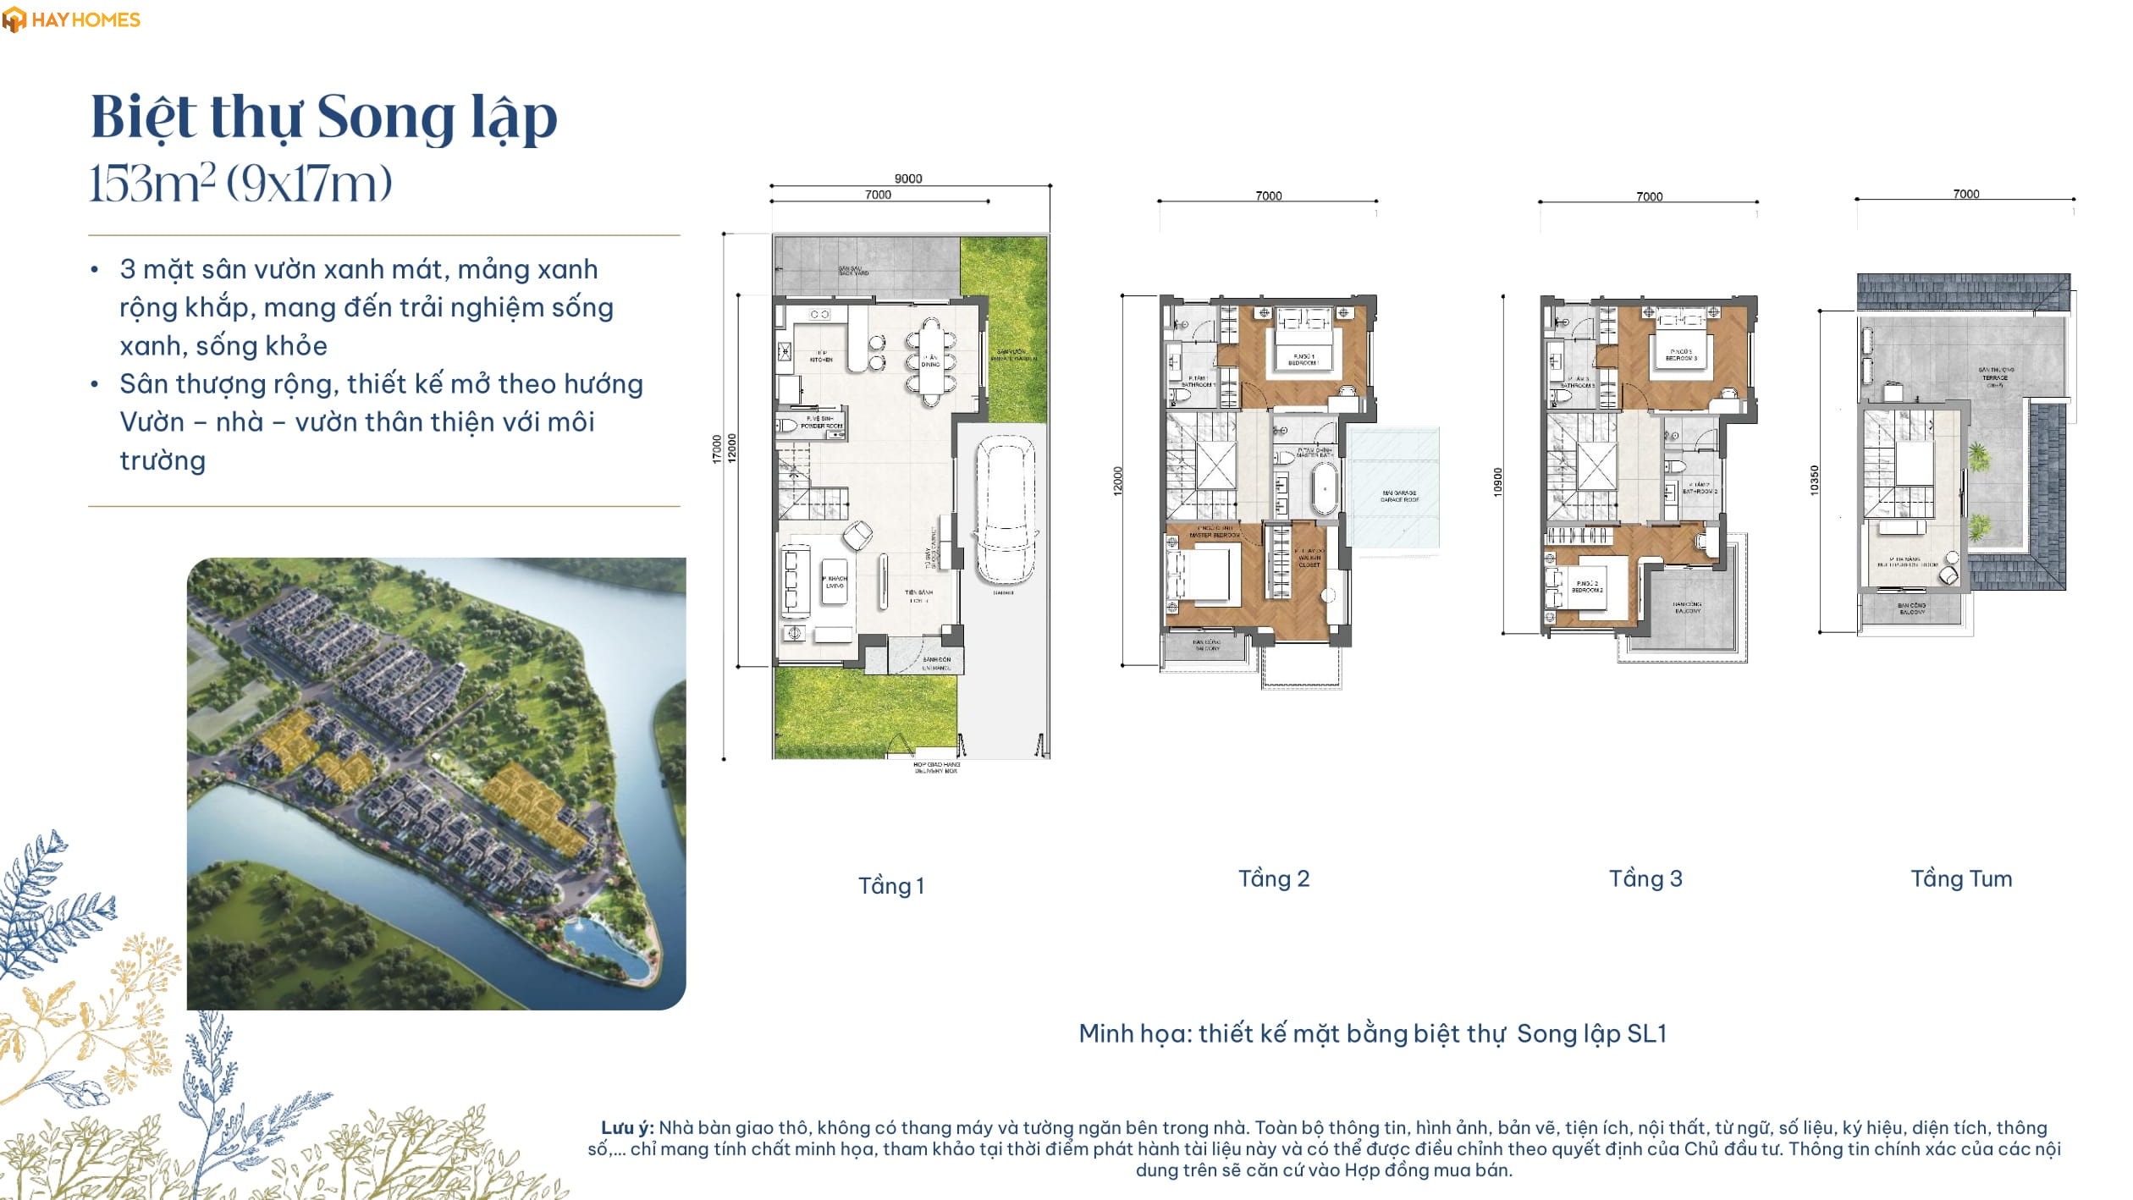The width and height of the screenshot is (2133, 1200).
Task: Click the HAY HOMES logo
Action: (x=71, y=19)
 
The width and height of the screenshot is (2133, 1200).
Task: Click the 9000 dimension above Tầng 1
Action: (x=907, y=179)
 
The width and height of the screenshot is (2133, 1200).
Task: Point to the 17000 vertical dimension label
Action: (x=717, y=449)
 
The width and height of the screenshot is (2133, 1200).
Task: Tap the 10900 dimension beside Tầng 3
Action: (x=1497, y=482)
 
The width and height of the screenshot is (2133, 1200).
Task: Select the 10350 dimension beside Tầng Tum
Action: (x=1814, y=480)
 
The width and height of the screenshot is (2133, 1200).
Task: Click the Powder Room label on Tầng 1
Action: (x=820, y=422)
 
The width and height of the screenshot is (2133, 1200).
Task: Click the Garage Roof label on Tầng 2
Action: (x=1399, y=496)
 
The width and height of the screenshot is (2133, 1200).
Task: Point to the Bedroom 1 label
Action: (x=1303, y=360)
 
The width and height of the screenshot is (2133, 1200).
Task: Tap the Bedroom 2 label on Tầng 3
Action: (x=1587, y=586)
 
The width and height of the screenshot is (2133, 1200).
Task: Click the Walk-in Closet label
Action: (x=1309, y=559)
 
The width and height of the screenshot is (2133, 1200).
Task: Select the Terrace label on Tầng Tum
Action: (x=1996, y=377)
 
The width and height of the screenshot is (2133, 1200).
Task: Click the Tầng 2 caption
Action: (x=1273, y=878)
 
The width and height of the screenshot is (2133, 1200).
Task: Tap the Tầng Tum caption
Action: (x=1960, y=878)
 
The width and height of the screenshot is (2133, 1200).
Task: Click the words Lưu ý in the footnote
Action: (x=627, y=1127)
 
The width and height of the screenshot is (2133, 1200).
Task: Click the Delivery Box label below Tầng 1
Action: (x=935, y=768)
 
